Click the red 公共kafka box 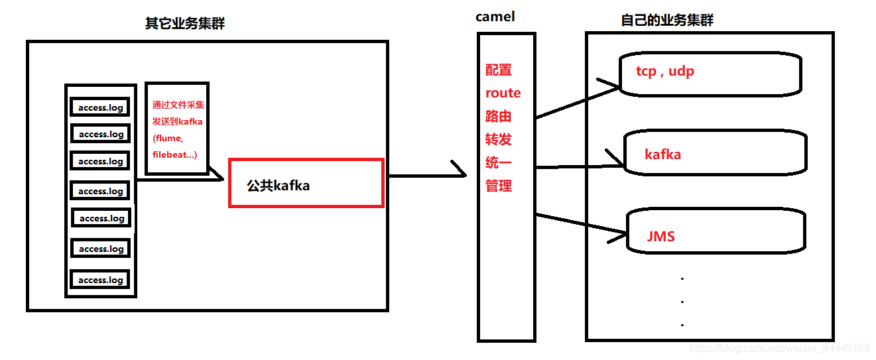point(306,183)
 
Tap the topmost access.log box point(101,107)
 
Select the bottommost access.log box point(101,280)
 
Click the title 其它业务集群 point(185,23)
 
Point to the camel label point(495,17)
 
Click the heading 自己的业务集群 point(667,21)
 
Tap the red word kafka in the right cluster point(662,154)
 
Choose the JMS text point(660,236)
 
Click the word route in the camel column point(503,93)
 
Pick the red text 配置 point(499,70)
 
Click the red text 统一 point(499,162)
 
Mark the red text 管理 point(499,186)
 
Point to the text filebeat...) point(175,154)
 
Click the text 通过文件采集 point(178,105)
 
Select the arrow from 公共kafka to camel point(424,176)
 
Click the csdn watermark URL point(779,348)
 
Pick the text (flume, point(168,138)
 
